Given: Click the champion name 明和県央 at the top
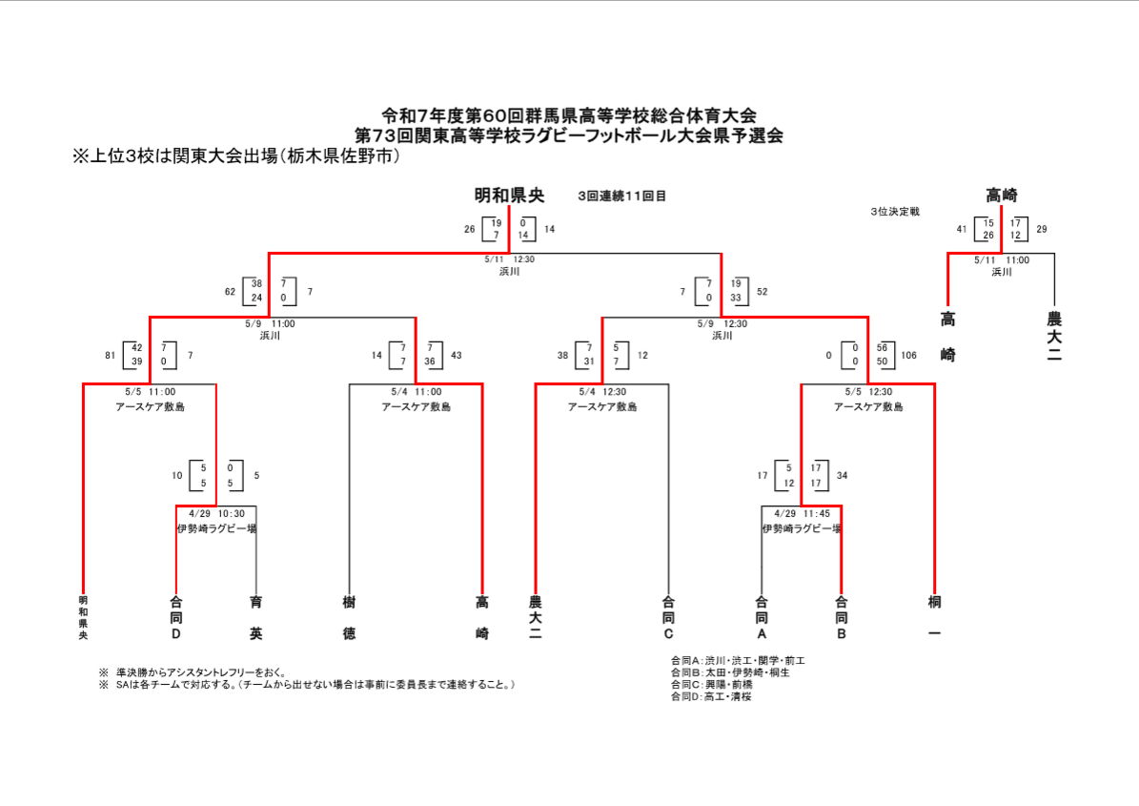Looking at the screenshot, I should coord(509,196).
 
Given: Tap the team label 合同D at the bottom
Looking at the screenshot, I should coord(175,617).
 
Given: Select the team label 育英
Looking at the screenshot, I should coord(255,617).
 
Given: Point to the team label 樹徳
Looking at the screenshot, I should coord(349,617).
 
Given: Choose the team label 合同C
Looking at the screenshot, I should coord(668,617).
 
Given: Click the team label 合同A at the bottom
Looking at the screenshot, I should coord(761,617).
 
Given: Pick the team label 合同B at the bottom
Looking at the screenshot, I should coord(841,617).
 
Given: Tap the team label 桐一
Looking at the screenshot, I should coord(934,617).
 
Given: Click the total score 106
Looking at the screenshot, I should coord(908,356).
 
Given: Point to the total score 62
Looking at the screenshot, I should coord(230,291).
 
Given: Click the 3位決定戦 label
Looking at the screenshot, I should coord(894,211).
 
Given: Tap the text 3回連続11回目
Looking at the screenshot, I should coord(621,196).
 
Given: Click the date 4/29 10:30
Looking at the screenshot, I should coord(216,513).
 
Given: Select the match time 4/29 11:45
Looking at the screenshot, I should coord(801,513).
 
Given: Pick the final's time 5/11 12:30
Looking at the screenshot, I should coord(509,258).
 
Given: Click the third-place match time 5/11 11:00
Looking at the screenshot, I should coord(1001,258).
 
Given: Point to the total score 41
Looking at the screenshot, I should coord(963,229).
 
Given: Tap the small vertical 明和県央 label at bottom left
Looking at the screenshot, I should coord(83,617).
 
